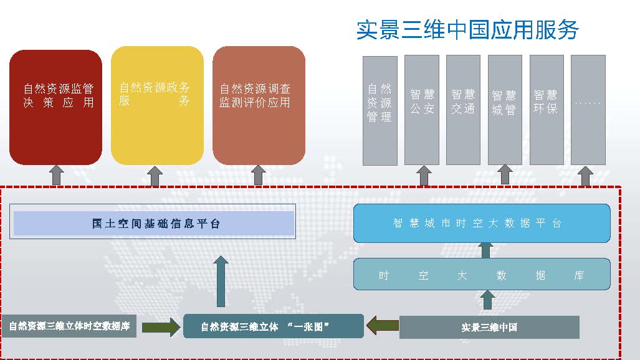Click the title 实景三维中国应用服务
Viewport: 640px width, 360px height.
click(x=467, y=30)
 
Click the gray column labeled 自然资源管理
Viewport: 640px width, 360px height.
click(x=380, y=110)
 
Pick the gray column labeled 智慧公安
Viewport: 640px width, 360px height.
click(x=422, y=110)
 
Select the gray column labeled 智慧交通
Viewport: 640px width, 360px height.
click(x=463, y=110)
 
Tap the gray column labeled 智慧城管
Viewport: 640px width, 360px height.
click(x=504, y=110)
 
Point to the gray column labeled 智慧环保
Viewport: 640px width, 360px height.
click(x=546, y=110)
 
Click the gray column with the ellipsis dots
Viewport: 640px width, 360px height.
click(x=588, y=110)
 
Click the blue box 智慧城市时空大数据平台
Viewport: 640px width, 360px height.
click(x=481, y=223)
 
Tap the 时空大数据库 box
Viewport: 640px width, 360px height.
click(x=481, y=275)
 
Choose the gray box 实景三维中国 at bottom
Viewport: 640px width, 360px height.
click(x=489, y=327)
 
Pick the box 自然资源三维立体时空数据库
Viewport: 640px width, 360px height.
click(x=70, y=326)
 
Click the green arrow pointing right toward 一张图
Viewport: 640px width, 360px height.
click(x=160, y=326)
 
